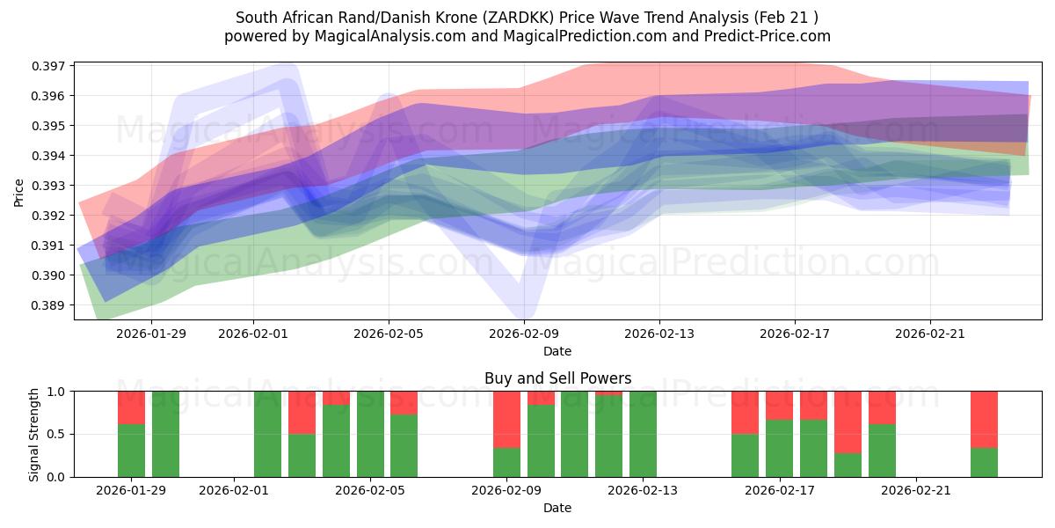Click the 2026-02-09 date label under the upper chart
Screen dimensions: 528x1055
524,334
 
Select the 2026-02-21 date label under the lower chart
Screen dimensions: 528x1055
916,491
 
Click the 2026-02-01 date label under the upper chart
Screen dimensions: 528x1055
253,334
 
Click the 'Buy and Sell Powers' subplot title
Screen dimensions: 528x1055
557,378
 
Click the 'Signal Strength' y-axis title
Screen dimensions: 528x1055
34,434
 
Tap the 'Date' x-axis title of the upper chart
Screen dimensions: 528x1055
557,351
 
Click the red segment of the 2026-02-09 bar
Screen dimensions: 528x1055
506,419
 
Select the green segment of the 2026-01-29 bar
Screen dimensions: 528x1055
131,451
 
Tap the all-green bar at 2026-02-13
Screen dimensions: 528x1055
643,434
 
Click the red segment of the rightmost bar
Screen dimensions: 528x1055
984,419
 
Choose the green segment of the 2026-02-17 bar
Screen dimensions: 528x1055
779,448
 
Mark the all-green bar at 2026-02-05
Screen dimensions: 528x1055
370,434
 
